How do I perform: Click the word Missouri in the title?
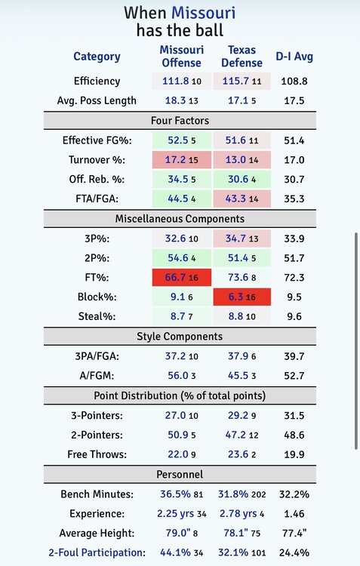tap(203, 13)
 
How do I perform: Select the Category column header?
tap(97, 57)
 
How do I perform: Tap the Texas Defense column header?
tap(242, 57)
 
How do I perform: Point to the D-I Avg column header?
tap(294, 57)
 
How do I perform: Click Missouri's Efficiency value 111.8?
tap(176, 81)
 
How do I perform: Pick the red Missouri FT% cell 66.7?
tap(182, 277)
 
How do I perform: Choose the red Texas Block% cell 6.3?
tap(242, 297)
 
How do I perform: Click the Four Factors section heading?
tap(180, 121)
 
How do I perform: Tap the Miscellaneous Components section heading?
tap(180, 219)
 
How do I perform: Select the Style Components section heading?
tap(180, 337)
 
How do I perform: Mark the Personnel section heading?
tap(180, 475)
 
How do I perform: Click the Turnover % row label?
tap(97, 159)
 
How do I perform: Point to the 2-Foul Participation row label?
tap(97, 552)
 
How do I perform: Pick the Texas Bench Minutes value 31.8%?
tap(233, 494)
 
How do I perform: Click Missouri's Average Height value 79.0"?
tap(176, 533)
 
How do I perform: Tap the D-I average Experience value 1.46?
tap(294, 513)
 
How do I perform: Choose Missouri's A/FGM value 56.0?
tap(178, 375)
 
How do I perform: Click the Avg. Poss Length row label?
tap(97, 100)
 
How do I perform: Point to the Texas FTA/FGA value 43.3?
tap(235, 198)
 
